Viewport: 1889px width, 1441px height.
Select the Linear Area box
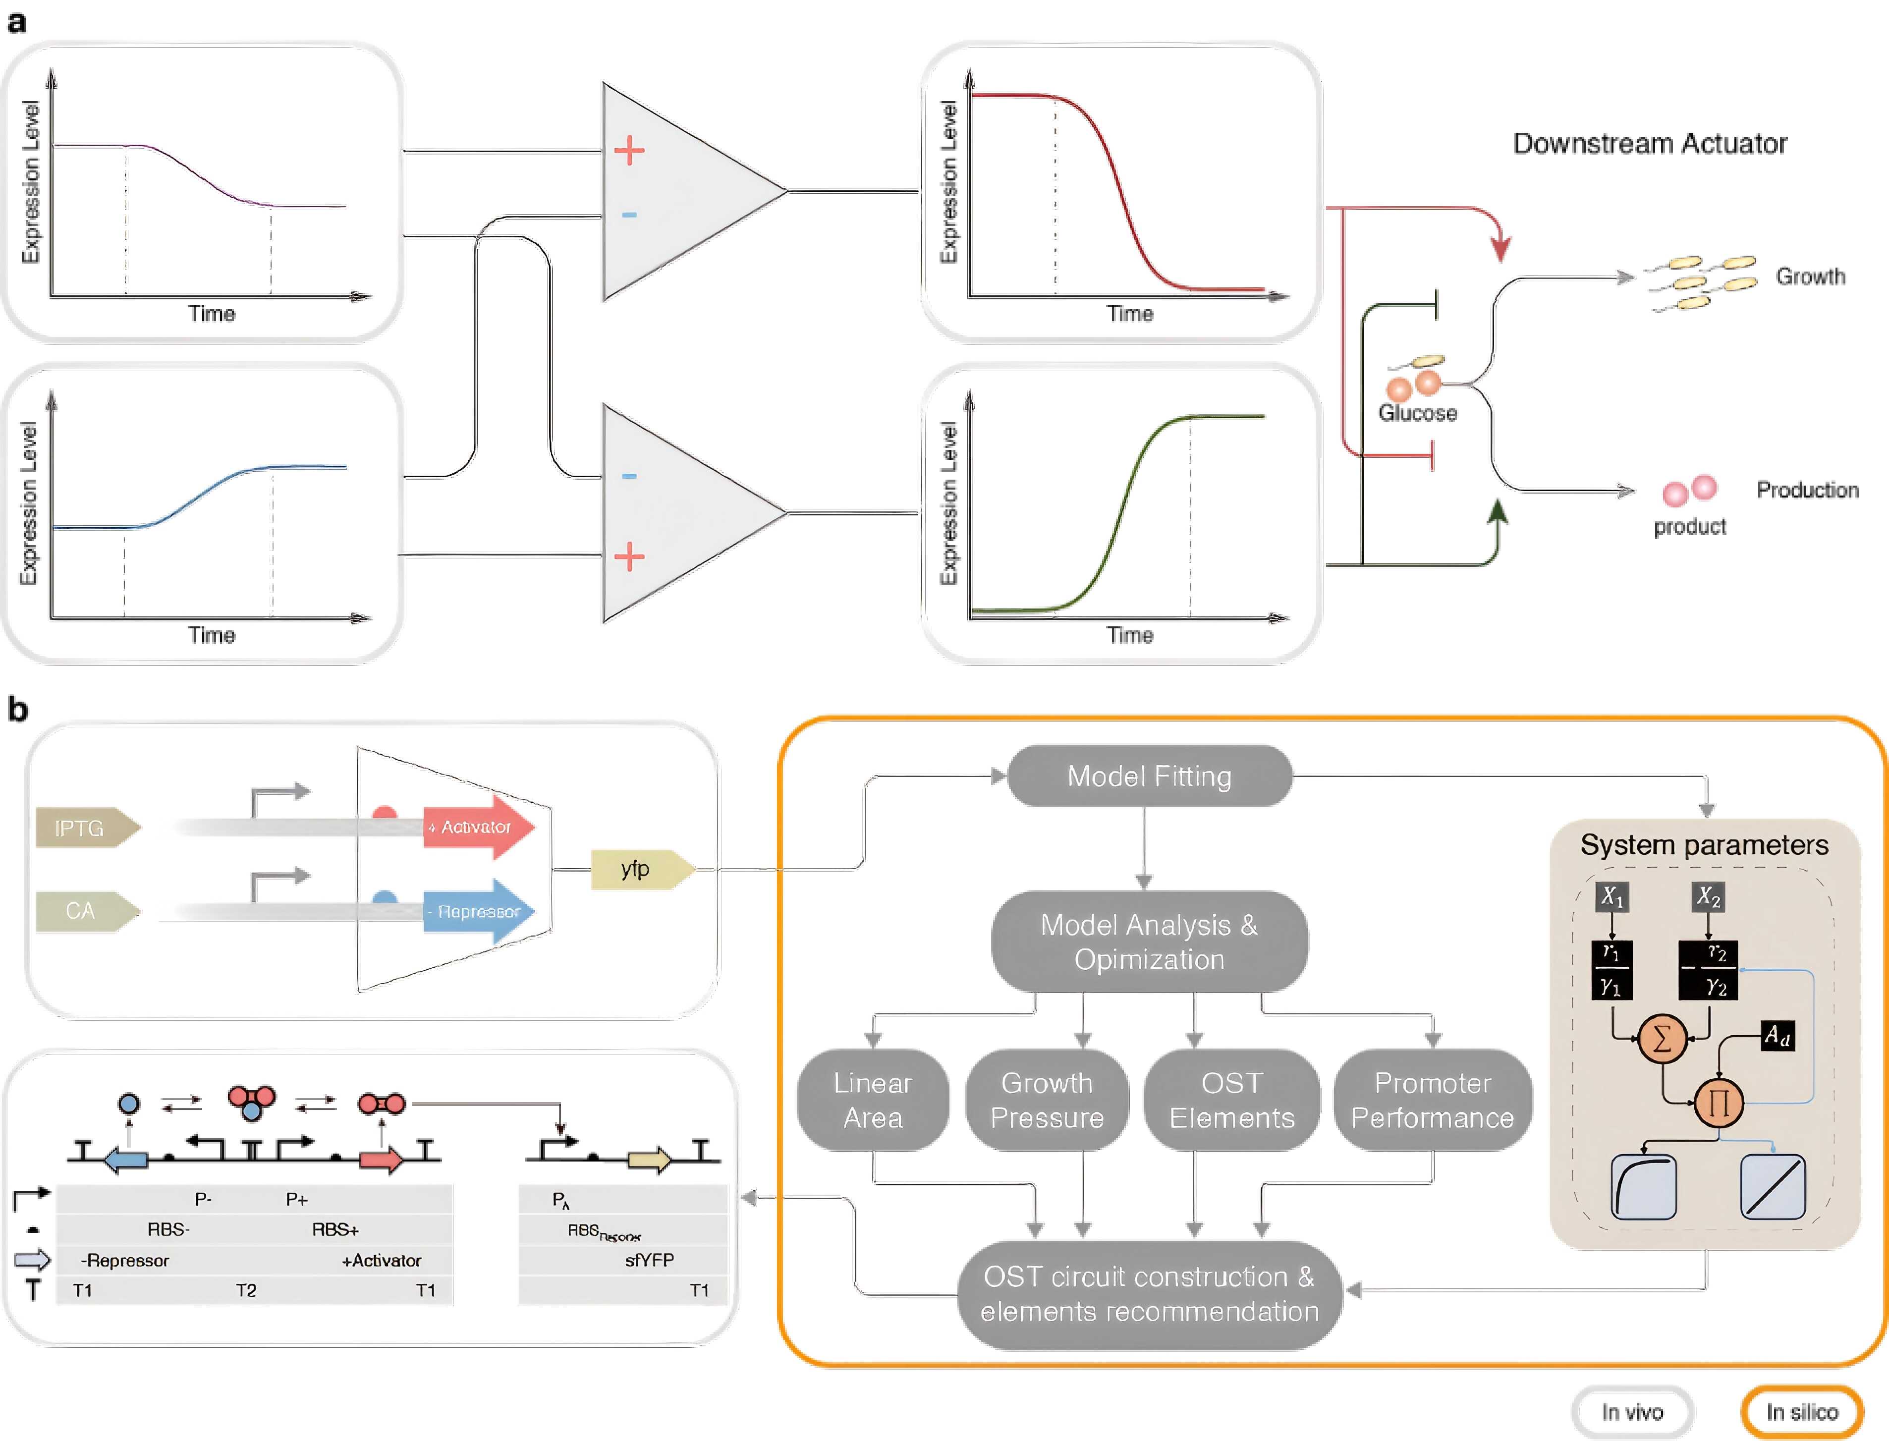[873, 1101]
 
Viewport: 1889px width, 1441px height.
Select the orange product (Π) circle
[1719, 1102]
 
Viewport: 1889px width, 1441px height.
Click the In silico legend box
[1801, 1412]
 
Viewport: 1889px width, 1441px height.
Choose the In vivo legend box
[1632, 1412]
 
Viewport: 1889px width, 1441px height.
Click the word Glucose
[1417, 413]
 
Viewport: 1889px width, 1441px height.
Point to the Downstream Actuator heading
[1650, 143]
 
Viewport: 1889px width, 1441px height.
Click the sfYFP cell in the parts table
[649, 1260]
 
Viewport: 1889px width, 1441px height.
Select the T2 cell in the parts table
[246, 1290]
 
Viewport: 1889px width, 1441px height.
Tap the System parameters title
[1704, 845]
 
